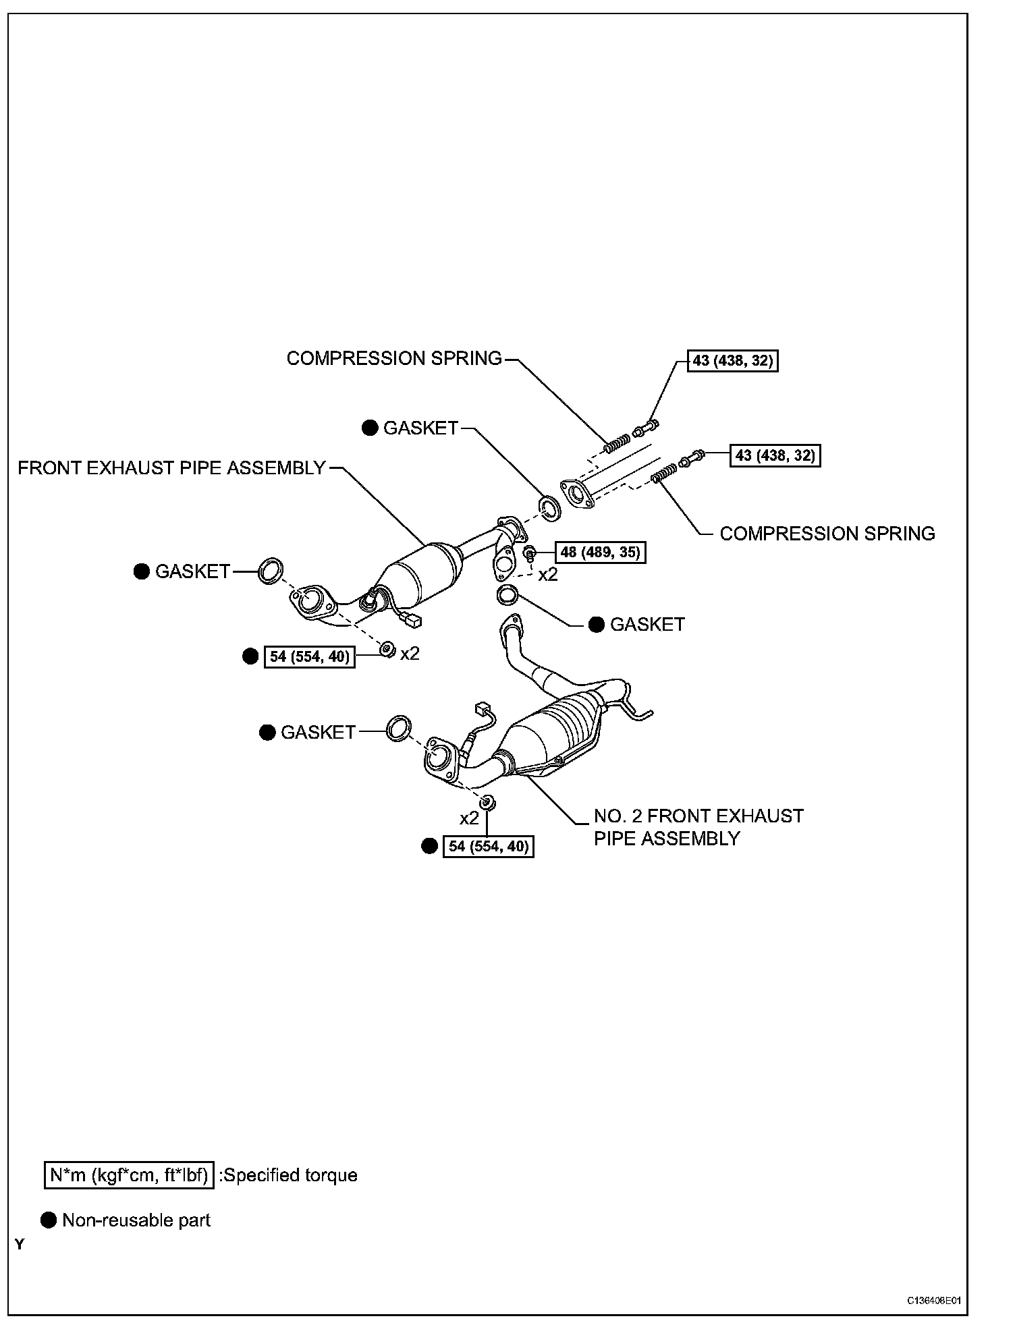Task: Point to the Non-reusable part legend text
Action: pos(136,1220)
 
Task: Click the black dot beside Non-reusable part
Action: pos(49,1220)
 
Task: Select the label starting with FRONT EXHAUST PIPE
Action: pos(172,468)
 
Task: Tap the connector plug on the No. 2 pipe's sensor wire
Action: pos(483,708)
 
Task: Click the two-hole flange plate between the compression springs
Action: pos(578,494)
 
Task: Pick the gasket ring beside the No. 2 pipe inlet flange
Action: pos(399,729)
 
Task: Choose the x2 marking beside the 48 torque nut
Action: pos(548,575)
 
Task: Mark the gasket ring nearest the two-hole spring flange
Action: pos(549,508)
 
